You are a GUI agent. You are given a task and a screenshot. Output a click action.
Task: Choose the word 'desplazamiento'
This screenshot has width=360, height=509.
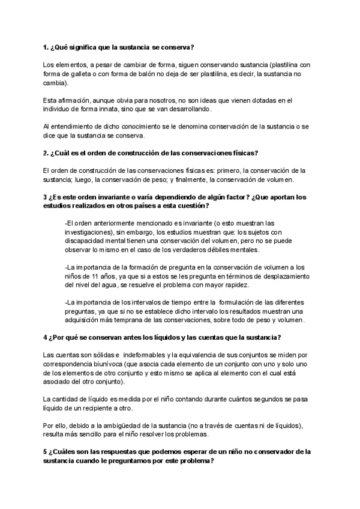(x=281, y=276)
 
